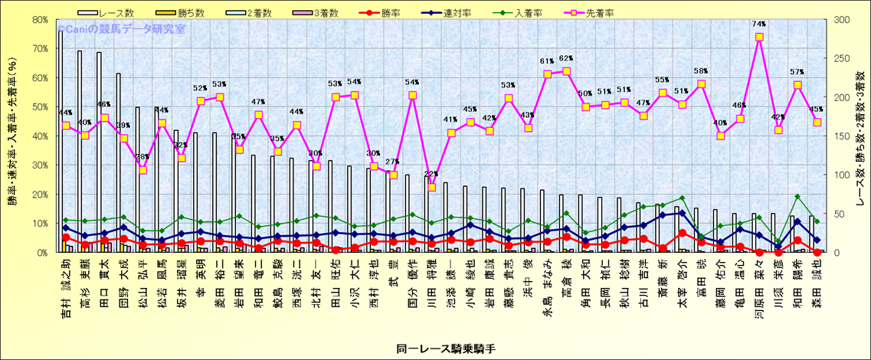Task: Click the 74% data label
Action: point(759,25)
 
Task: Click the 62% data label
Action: point(566,58)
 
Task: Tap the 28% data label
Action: point(142,157)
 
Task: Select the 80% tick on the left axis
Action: point(40,20)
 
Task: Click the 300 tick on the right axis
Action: point(843,20)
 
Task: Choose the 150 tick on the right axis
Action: point(843,136)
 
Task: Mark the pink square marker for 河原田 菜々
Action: point(759,37)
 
